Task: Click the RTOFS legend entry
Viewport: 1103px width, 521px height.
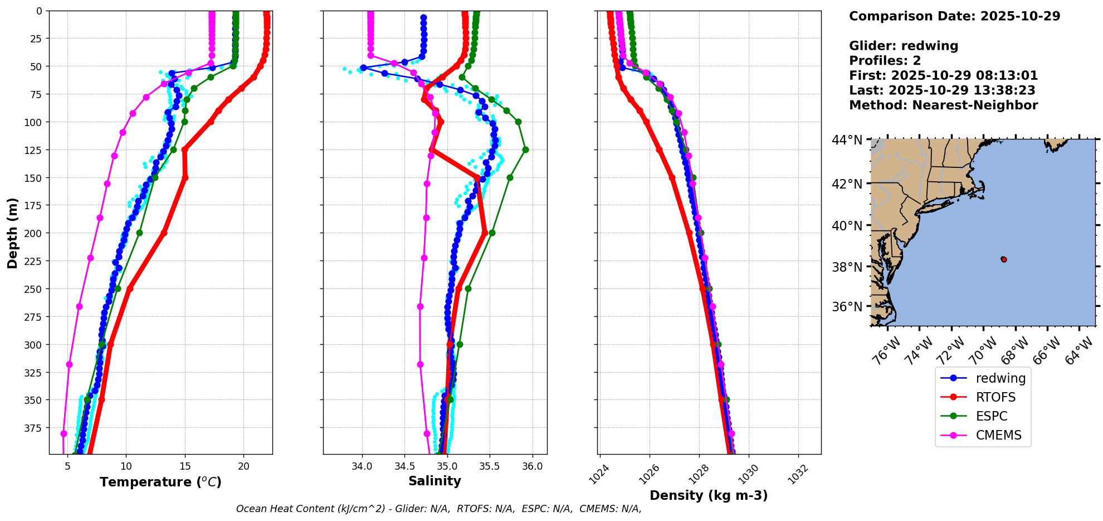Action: coord(995,398)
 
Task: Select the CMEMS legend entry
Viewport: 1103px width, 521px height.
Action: coord(998,436)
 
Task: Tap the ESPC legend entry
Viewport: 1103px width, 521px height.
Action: coord(992,417)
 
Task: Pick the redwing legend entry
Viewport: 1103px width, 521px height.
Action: coord(1000,379)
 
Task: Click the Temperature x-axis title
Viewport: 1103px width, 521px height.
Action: coord(160,482)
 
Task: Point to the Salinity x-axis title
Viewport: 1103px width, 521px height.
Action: coord(435,481)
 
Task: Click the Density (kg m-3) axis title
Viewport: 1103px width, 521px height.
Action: coord(709,495)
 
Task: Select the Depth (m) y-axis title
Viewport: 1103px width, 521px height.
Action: coord(13,233)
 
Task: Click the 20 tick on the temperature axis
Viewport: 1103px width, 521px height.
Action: coord(243,466)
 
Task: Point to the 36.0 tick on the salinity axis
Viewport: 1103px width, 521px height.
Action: coord(532,466)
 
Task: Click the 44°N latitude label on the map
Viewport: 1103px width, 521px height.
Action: coord(847,140)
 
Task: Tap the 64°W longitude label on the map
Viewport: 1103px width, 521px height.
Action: coord(1079,351)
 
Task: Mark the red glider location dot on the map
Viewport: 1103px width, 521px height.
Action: coord(1004,259)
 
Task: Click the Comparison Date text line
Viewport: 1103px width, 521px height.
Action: coord(954,16)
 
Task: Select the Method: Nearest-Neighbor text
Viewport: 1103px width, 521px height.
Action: coord(943,105)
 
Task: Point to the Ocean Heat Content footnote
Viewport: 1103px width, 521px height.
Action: coord(438,509)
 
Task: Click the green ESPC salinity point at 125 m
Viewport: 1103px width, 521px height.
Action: coord(525,149)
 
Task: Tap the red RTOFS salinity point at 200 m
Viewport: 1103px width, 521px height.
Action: coord(485,233)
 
